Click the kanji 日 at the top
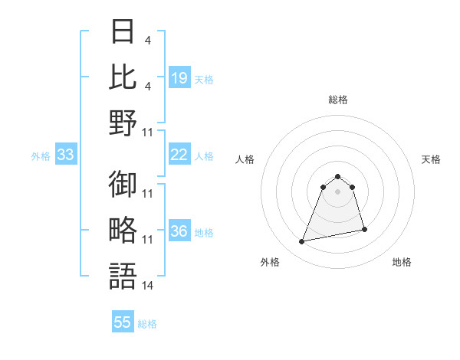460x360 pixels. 123,32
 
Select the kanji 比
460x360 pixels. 123,77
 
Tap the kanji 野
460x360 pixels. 123,122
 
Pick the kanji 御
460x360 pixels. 123,185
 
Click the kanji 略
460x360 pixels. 123,230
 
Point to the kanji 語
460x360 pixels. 123,275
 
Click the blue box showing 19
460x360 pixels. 179,77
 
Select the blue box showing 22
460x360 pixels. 179,155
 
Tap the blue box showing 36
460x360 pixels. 179,231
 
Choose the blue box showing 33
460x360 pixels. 66,155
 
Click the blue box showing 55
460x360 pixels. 123,322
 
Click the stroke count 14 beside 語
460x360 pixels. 148,285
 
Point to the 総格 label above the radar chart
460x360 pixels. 337,100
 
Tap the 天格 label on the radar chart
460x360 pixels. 432,159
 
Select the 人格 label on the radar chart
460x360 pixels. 245,159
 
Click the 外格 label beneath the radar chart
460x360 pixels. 270,262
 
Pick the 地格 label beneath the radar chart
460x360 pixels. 402,262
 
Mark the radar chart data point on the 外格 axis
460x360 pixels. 302,242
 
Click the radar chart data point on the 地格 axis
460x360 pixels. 364,229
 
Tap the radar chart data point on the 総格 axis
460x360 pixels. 337,175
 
